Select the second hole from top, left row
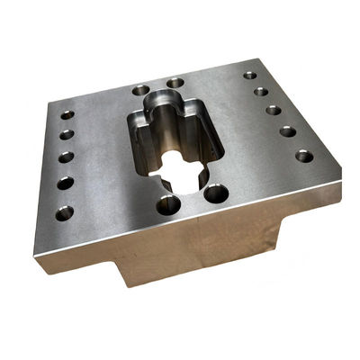pyautogui.click(x=66, y=135)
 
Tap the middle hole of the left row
pyautogui.click(x=66, y=157)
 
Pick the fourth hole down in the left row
pyautogui.click(x=65, y=183)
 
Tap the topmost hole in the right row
pyautogui.click(x=250, y=76)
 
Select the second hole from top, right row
pyautogui.click(x=260, y=92)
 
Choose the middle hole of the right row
pyautogui.click(x=273, y=111)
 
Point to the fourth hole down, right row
pyautogui.click(x=287, y=131)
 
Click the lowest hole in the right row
pyautogui.click(x=304, y=156)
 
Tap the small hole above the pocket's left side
pyautogui.click(x=140, y=91)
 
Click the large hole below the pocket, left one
pyautogui.click(x=167, y=205)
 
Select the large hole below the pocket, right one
pyautogui.click(x=217, y=192)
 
